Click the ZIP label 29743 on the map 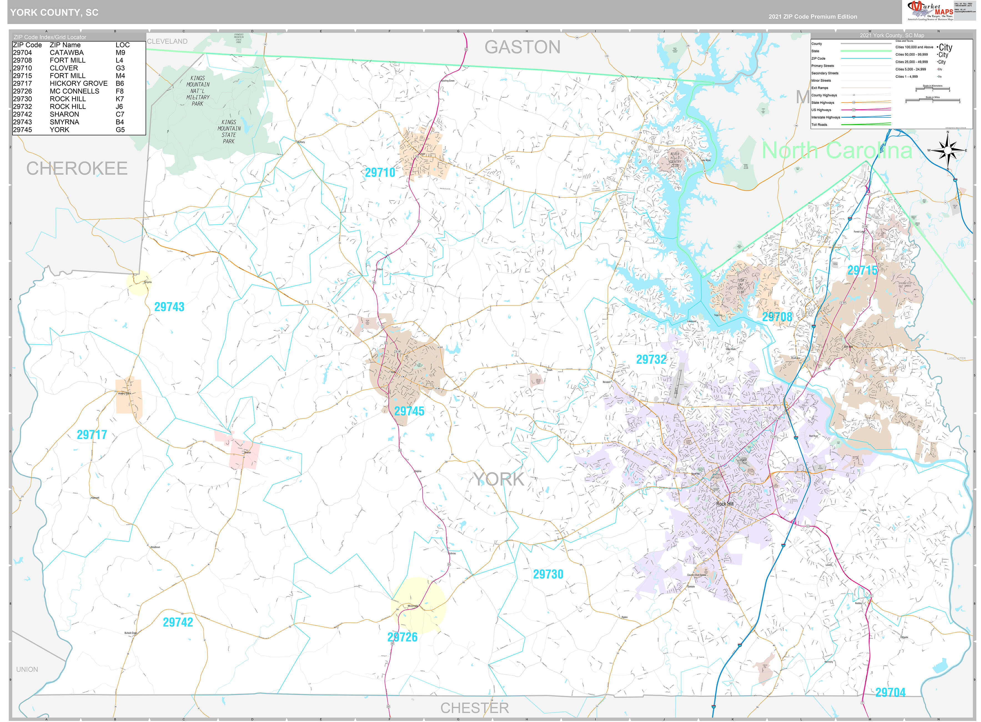[169, 307]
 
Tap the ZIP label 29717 [92, 435]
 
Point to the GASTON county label [522, 47]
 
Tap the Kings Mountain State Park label [229, 132]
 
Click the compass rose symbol [947, 150]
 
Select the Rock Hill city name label [724, 504]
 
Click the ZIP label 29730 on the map [548, 574]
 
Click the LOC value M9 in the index [120, 53]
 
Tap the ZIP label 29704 [890, 692]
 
